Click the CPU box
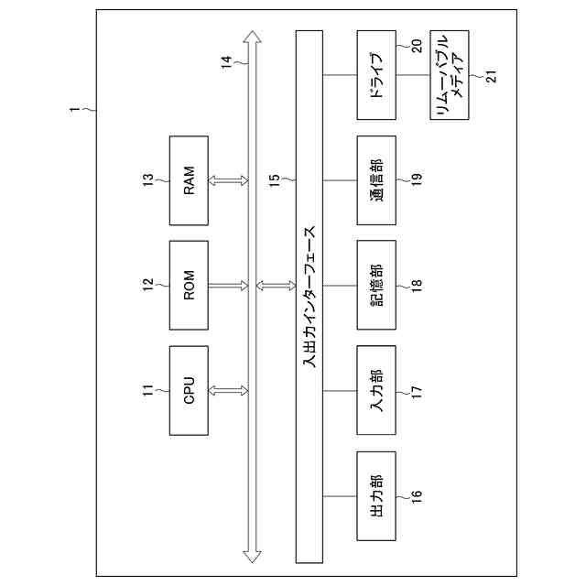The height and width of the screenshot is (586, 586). pyautogui.click(x=190, y=391)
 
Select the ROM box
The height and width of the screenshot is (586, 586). pyautogui.click(x=190, y=286)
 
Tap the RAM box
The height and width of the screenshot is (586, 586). pyautogui.click(x=190, y=180)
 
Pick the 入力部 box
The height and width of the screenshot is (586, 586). pyautogui.click(x=376, y=391)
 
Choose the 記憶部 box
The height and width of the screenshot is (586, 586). pyautogui.click(x=376, y=286)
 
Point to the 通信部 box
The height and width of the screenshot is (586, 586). pyautogui.click(x=376, y=180)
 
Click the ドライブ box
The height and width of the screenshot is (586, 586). pyautogui.click(x=376, y=76)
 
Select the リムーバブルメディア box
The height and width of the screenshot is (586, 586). pyautogui.click(x=449, y=76)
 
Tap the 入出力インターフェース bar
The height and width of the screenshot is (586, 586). pyautogui.click(x=309, y=296)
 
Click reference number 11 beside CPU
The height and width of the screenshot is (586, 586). pyautogui.click(x=148, y=391)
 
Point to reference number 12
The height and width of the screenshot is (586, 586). pyautogui.click(x=148, y=286)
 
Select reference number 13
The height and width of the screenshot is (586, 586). pyautogui.click(x=148, y=180)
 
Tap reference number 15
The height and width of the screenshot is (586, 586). pyautogui.click(x=275, y=180)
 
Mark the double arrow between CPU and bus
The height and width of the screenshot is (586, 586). pyautogui.click(x=229, y=391)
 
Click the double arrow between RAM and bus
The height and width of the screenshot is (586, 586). pyautogui.click(x=229, y=180)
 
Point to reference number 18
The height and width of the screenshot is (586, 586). pyautogui.click(x=417, y=286)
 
